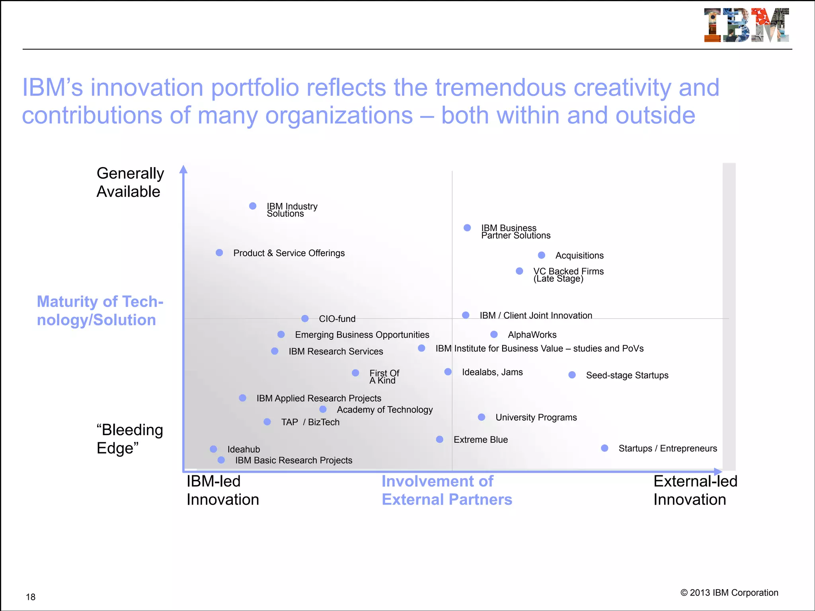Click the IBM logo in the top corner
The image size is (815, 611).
pyautogui.click(x=746, y=25)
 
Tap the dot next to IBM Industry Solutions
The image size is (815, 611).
pyautogui.click(x=253, y=206)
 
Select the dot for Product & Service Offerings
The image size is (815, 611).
pyautogui.click(x=219, y=253)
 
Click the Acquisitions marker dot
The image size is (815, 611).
pyautogui.click(x=542, y=255)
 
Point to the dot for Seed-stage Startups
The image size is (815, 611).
pyautogui.click(x=572, y=375)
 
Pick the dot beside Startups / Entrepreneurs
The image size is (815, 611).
pyautogui.click(x=604, y=448)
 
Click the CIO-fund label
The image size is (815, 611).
pyautogui.click(x=337, y=319)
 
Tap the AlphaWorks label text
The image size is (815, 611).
pyautogui.click(x=532, y=335)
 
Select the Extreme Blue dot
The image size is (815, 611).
pyautogui.click(x=440, y=440)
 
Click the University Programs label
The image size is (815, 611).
pyautogui.click(x=536, y=418)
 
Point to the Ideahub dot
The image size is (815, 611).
pyautogui.click(x=214, y=449)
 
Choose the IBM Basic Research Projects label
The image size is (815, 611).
pyautogui.click(x=294, y=461)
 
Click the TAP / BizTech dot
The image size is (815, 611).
pyautogui.click(x=267, y=422)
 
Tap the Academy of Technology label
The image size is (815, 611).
pyautogui.click(x=385, y=410)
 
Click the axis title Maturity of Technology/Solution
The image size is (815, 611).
pyautogui.click(x=100, y=311)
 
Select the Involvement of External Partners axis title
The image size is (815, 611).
pyautogui.click(x=446, y=490)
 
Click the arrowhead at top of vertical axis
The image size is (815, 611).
pyautogui.click(x=183, y=169)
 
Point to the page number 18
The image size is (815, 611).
pyautogui.click(x=31, y=597)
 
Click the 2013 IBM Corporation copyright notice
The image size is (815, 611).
pyautogui.click(x=729, y=593)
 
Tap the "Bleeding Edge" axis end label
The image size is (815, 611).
pyautogui.click(x=130, y=439)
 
